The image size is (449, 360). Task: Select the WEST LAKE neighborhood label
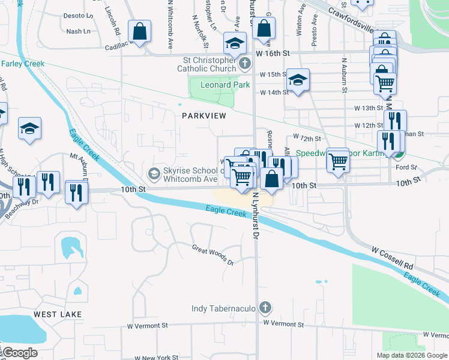pos(53,314)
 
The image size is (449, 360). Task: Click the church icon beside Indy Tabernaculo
pos(265,308)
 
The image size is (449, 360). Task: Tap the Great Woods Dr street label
pos(212,254)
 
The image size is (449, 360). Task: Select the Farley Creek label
pos(23,64)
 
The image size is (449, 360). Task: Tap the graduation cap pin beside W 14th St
pos(297,80)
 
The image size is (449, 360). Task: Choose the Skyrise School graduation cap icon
pos(154,174)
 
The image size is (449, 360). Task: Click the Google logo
pos(19,353)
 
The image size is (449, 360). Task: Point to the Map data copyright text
pos(412,355)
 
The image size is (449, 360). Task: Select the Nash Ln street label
pos(78,31)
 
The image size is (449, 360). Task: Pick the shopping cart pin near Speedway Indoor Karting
pos(338,160)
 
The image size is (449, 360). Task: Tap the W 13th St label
pos(369,108)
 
